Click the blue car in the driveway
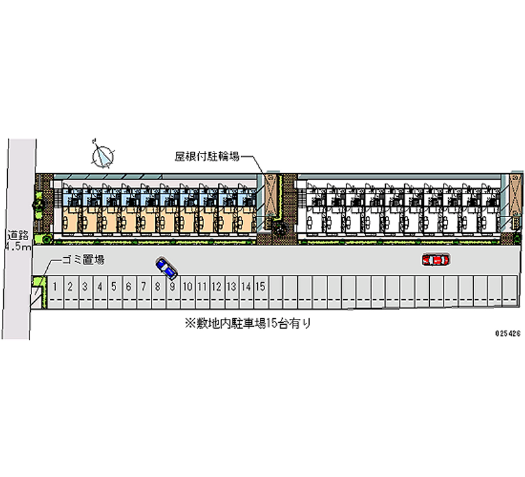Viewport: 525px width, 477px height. pos(167,268)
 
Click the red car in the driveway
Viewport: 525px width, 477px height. pos(436,260)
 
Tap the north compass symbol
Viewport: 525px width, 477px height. pos(102,155)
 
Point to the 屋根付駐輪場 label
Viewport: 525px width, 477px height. pos(205,156)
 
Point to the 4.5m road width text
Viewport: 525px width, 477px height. pos(16,247)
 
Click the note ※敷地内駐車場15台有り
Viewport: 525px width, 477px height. pos(247,323)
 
